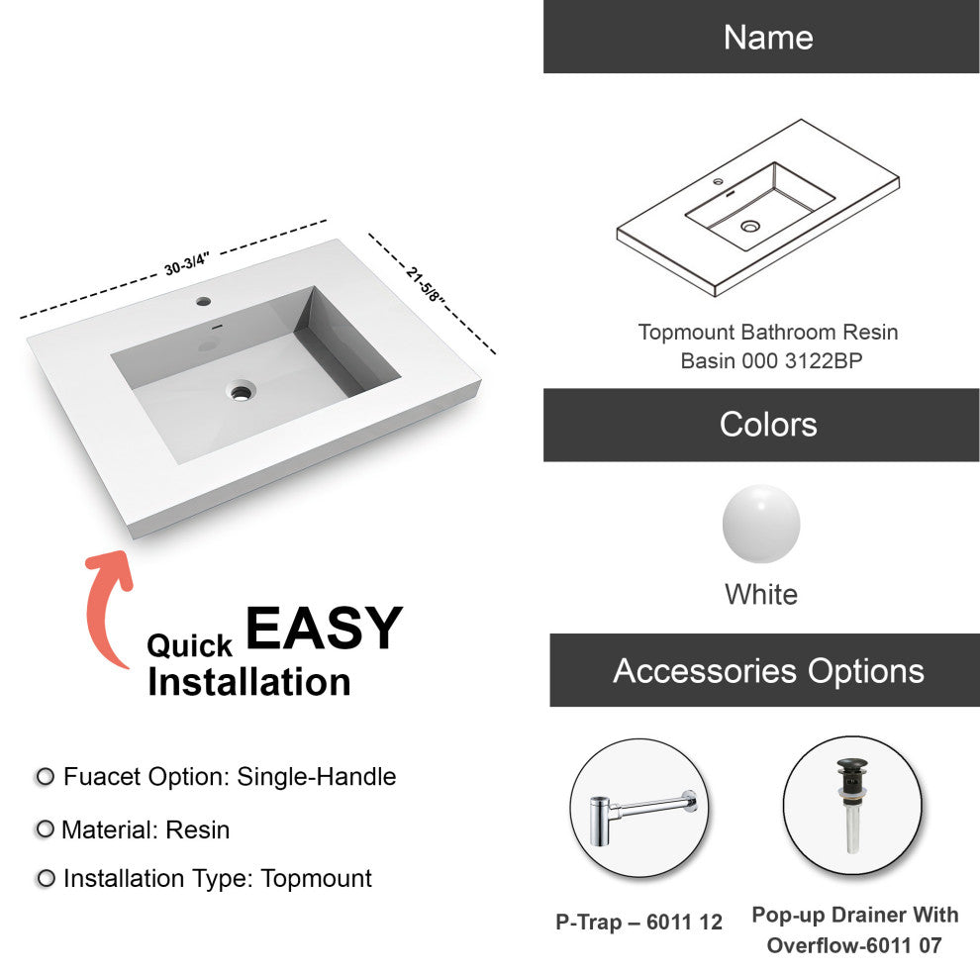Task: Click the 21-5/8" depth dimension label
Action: point(425,284)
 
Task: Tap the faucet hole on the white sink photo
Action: point(203,301)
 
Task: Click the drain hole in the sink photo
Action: point(241,391)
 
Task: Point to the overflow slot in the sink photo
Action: point(217,326)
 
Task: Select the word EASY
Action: point(324,629)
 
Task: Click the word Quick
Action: point(189,645)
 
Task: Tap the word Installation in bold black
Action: point(248,681)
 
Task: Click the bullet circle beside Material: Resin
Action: point(45,828)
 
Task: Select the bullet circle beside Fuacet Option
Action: point(45,776)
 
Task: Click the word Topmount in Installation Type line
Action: point(316,878)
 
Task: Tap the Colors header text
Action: point(768,425)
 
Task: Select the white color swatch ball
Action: point(761,524)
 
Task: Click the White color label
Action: point(761,594)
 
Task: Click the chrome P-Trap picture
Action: point(641,818)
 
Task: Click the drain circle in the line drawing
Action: point(750,226)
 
